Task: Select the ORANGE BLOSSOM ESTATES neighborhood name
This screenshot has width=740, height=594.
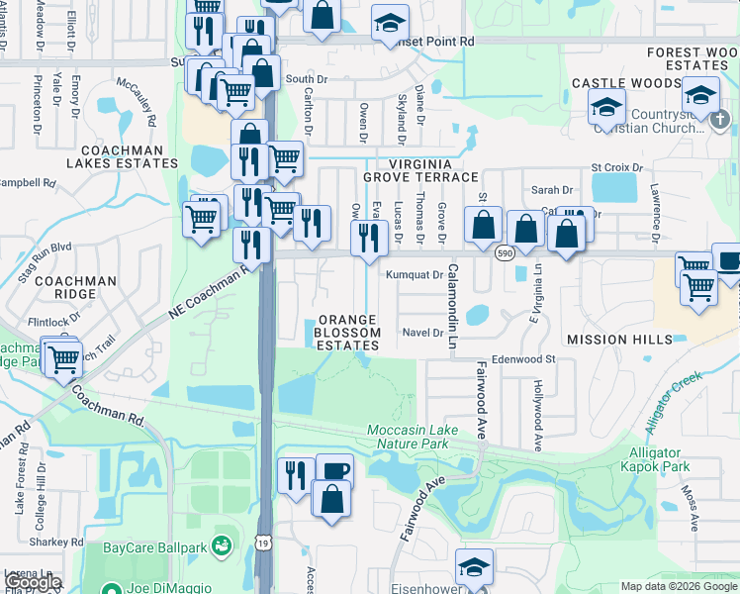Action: point(347,333)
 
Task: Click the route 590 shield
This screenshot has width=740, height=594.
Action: point(503,253)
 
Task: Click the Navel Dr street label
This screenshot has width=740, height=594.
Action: point(422,333)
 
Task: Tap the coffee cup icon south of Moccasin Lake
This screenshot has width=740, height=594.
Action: point(333,470)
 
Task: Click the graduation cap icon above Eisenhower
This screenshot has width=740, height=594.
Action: point(474,565)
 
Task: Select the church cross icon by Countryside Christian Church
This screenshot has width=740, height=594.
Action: point(720,118)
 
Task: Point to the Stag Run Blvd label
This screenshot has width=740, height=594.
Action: point(49,247)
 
